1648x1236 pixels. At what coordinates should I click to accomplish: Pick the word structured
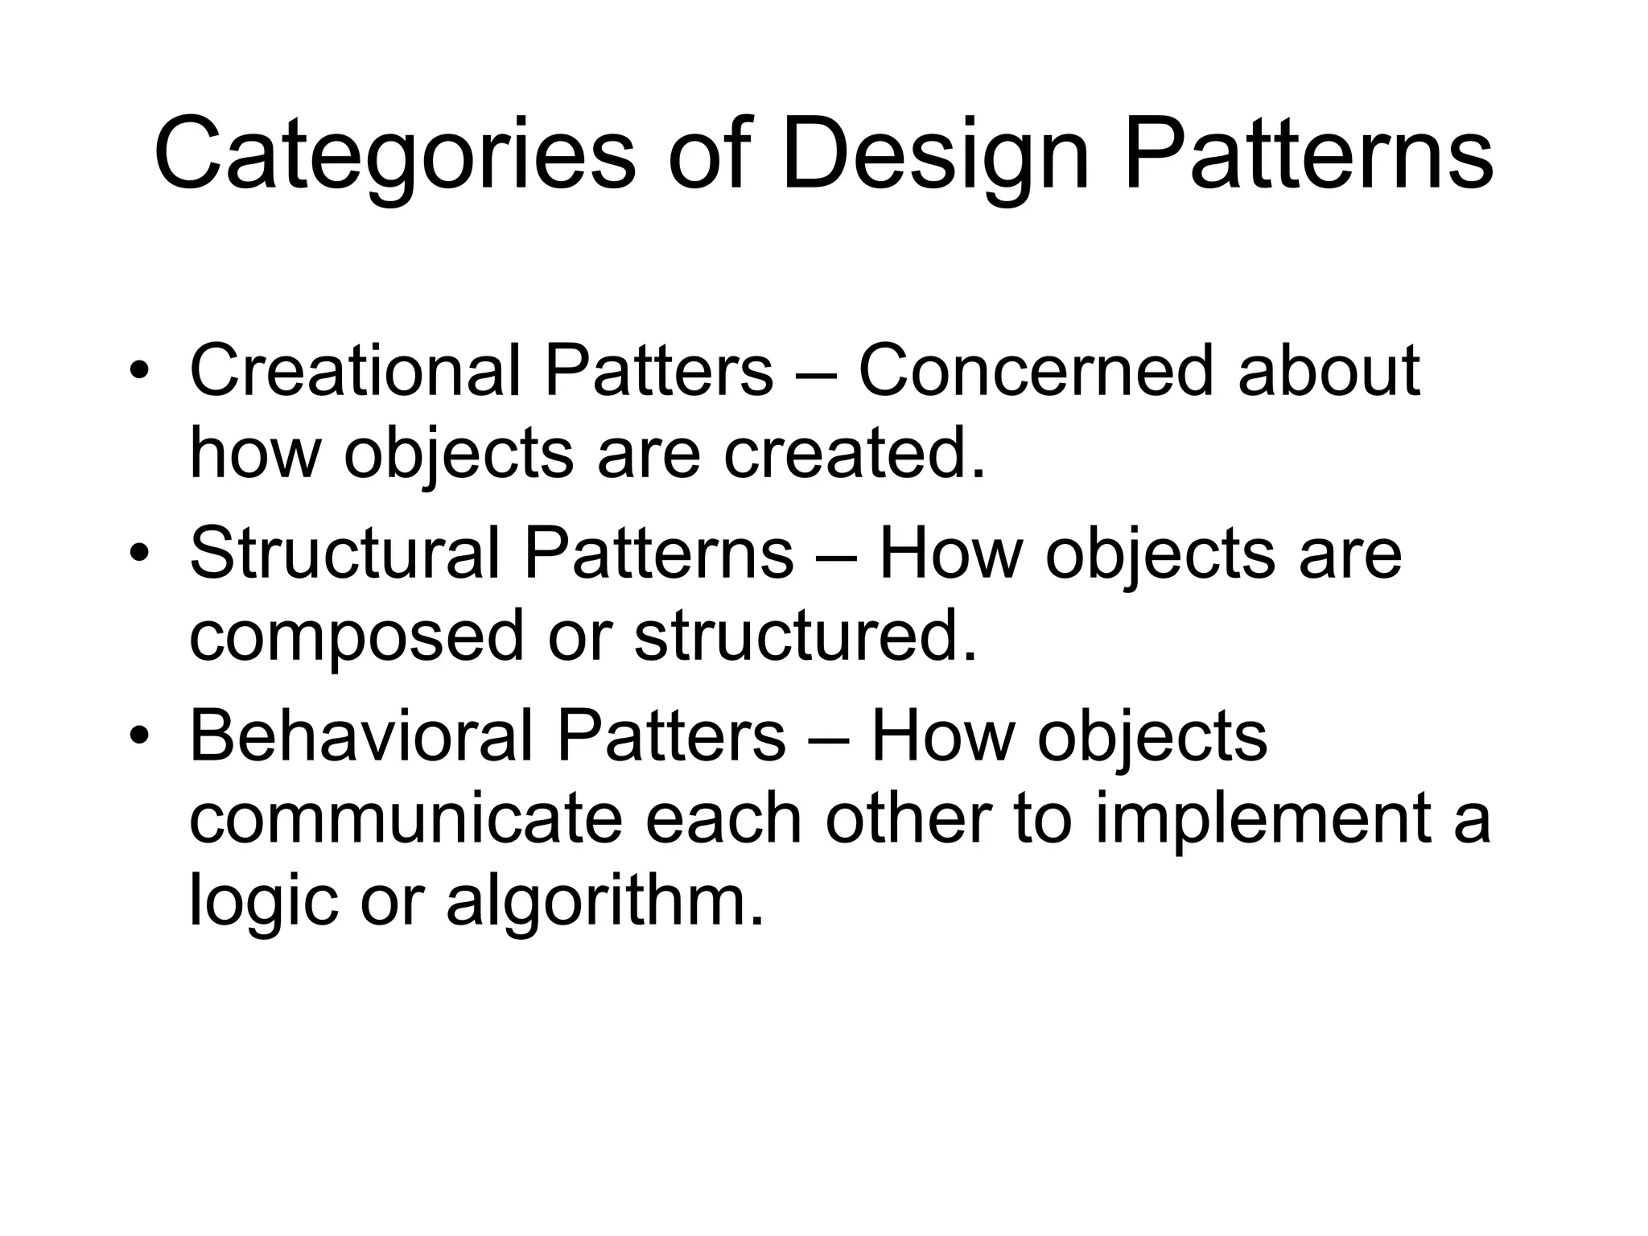click(x=805, y=636)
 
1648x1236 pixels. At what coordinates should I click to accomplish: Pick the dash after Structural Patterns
click(x=836, y=555)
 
